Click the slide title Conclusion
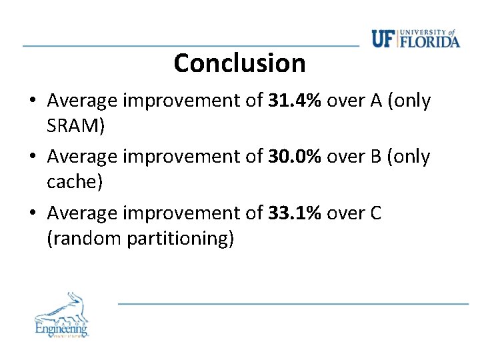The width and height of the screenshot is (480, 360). point(239,63)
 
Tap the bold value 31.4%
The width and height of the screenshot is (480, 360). point(295,101)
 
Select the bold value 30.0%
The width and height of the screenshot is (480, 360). point(295,157)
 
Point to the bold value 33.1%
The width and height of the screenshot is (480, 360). point(295,213)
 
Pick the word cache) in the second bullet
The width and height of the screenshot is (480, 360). point(75,181)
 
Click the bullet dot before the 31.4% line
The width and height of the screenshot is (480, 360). point(33,102)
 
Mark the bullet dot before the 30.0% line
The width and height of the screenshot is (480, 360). point(33,158)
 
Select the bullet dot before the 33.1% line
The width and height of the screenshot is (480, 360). point(33,214)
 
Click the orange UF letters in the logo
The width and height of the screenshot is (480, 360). point(383,39)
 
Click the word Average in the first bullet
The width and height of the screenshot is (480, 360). point(83,101)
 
